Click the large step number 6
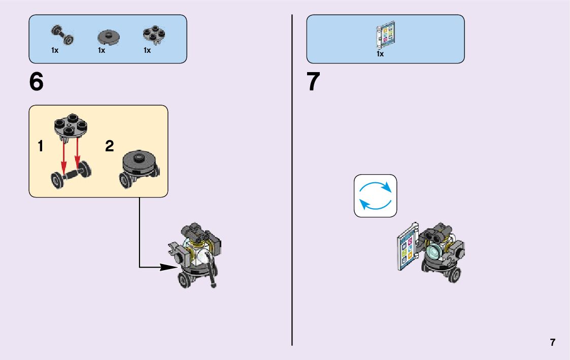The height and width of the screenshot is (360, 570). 37,82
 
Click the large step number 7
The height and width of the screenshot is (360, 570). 314,82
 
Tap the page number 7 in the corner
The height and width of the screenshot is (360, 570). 552,342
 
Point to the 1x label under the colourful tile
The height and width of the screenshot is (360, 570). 380,53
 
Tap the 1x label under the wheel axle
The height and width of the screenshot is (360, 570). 55,50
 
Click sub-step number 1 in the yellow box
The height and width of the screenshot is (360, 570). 40,147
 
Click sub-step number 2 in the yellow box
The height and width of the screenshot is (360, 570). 109,146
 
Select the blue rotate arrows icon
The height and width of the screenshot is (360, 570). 375,196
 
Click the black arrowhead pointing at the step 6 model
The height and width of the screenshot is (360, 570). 168,267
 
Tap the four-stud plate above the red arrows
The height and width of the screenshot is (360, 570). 71,127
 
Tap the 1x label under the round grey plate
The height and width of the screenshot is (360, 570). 102,50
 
